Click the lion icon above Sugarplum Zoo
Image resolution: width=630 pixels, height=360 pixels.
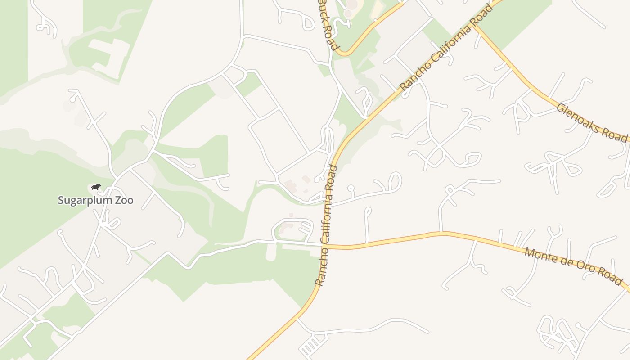coord(95,187)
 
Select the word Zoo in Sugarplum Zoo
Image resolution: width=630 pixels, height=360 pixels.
coord(125,200)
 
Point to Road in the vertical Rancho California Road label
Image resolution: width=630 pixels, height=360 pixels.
coord(333,178)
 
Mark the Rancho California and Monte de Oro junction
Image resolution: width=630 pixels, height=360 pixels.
coord(325,246)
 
